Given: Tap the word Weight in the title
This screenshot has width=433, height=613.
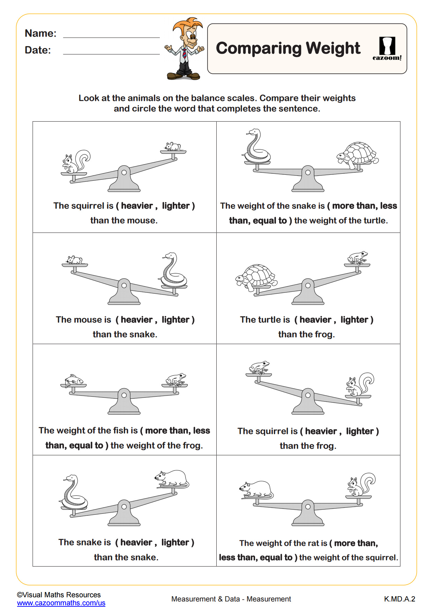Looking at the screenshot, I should pyautogui.click(x=333, y=49).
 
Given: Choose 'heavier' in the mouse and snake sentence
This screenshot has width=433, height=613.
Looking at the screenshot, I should pyautogui.click(x=136, y=320).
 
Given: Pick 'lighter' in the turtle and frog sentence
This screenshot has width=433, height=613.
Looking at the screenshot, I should pyautogui.click(x=354, y=320).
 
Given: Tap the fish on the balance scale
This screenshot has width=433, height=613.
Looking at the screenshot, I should pyautogui.click(x=74, y=380).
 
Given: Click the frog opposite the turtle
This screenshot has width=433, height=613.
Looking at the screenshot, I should pyautogui.click(x=358, y=258).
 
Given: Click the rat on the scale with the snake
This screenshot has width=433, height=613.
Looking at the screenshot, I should pyautogui.click(x=172, y=479).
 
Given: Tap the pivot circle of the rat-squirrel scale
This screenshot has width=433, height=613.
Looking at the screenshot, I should pyautogui.click(x=308, y=506).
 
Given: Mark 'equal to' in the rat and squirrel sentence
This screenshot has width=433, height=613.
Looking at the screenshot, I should pyautogui.click(x=276, y=557).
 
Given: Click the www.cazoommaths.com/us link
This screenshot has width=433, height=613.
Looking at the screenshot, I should pyautogui.click(x=61, y=603).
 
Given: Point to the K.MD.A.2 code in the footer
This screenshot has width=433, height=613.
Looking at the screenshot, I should pyautogui.click(x=399, y=599).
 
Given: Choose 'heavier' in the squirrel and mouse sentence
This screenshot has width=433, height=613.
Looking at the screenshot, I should pyautogui.click(x=137, y=206).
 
